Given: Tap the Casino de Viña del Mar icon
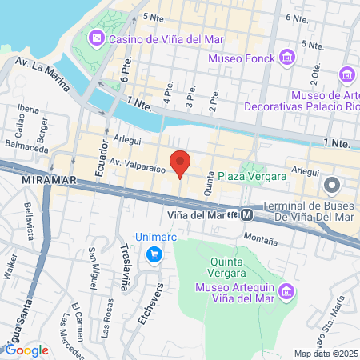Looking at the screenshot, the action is point(95,38).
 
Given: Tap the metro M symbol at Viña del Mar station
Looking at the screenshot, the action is point(248,214).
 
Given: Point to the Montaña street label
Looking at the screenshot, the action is point(260,238).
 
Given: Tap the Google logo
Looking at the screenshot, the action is point(26,349).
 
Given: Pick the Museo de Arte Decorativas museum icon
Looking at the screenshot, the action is point(347,74).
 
